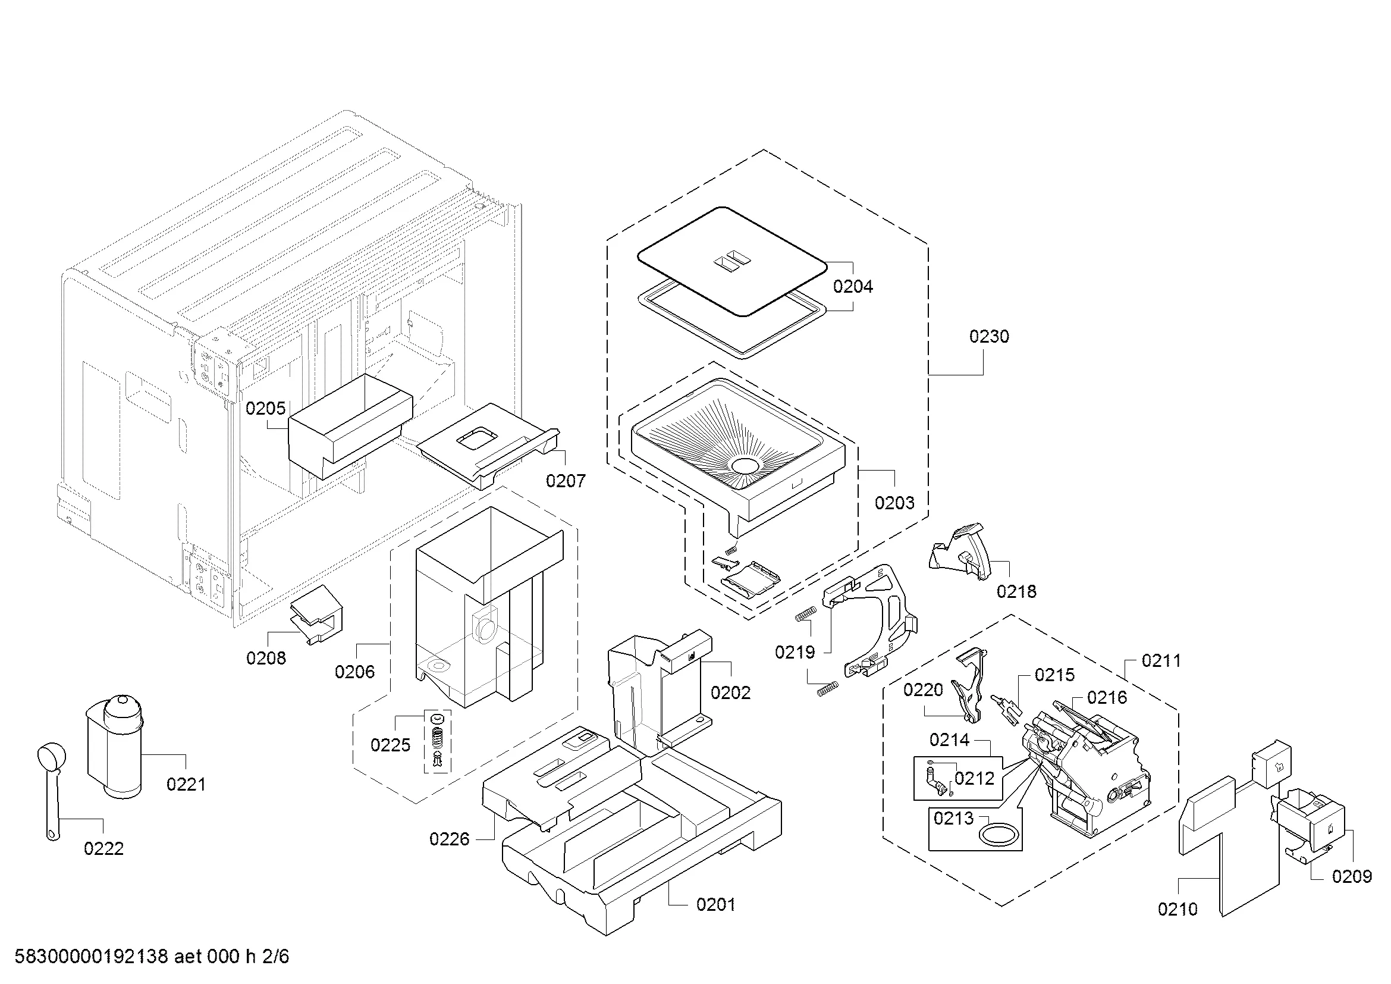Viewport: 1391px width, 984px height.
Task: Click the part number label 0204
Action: pos(852,287)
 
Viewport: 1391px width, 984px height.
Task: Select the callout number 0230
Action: pos(989,336)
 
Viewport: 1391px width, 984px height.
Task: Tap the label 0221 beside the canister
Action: pos(186,785)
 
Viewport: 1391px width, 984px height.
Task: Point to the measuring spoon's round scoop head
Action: pos(48,757)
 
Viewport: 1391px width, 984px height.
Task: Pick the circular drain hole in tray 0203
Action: pos(745,465)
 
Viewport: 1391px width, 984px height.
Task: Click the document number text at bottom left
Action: pos(152,956)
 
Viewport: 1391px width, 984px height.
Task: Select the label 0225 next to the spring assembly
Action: pos(390,745)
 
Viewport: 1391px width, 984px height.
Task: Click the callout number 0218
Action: pos(1016,591)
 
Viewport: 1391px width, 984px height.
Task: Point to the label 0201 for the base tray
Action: pos(715,905)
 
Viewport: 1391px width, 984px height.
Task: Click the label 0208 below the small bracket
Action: pos(266,658)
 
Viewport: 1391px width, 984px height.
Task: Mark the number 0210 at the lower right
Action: pos(1177,909)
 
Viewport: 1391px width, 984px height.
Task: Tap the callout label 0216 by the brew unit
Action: pos(1106,697)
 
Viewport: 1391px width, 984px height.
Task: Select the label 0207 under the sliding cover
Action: pos(565,481)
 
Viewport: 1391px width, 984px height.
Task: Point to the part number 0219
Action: pos(795,653)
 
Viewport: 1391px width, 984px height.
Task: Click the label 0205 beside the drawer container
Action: pos(265,408)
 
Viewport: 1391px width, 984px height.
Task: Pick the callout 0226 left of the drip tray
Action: pos(449,839)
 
